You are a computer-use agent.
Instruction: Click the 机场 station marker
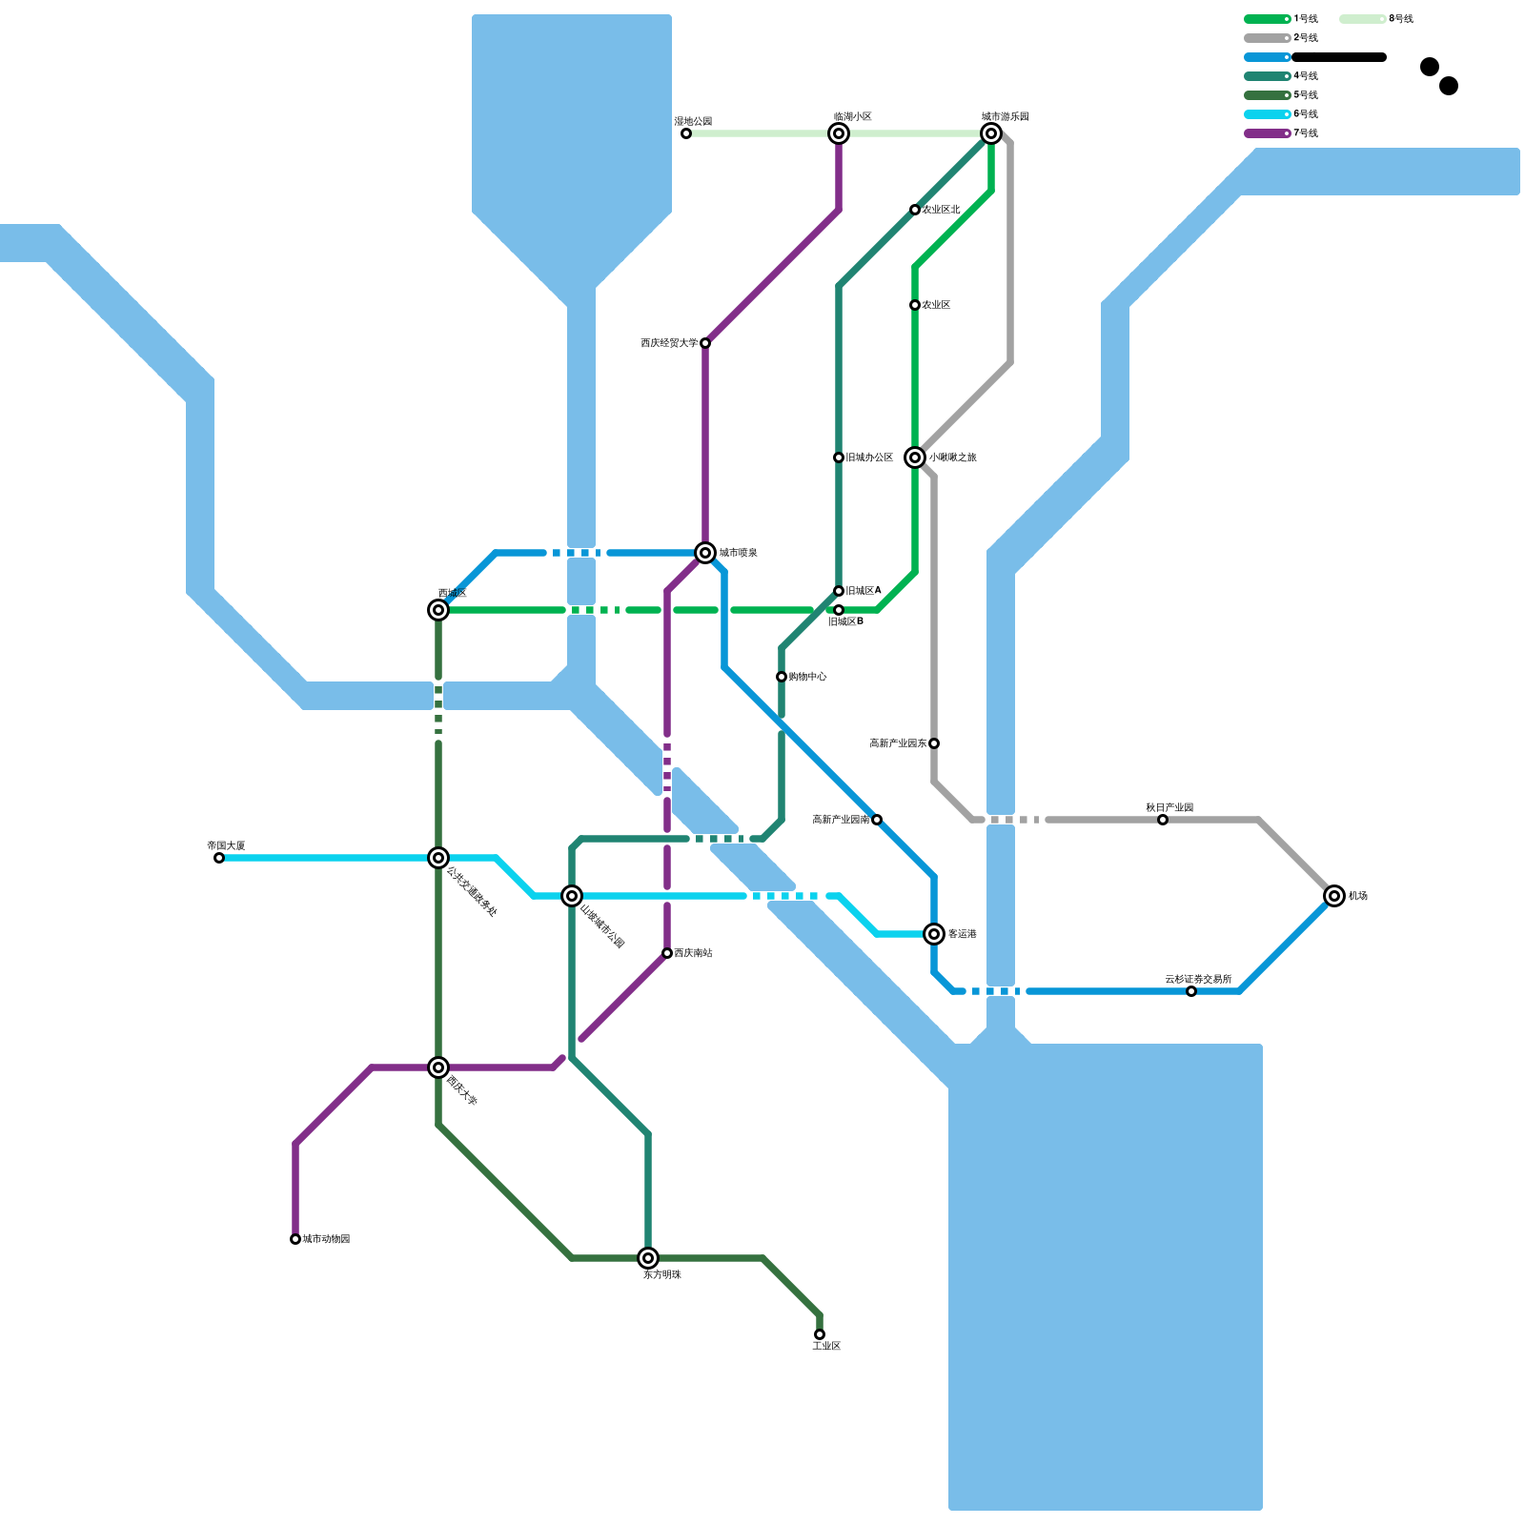pyautogui.click(x=1334, y=896)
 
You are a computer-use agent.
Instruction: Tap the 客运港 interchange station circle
pyautogui.click(x=934, y=934)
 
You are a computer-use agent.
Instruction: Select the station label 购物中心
pyautogui.click(x=807, y=677)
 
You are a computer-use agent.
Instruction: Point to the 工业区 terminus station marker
pyautogui.click(x=820, y=1334)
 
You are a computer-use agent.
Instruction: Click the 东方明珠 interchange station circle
pyautogui.click(x=648, y=1258)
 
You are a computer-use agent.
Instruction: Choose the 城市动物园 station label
pyautogui.click(x=326, y=1239)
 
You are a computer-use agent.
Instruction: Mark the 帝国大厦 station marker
pyautogui.click(x=219, y=858)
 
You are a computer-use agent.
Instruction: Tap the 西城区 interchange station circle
pyautogui.click(x=438, y=610)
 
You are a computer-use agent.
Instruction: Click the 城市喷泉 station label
pyautogui.click(x=738, y=553)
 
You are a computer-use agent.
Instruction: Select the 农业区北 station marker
pyautogui.click(x=915, y=210)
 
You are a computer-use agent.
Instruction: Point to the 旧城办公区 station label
pyautogui.click(x=869, y=457)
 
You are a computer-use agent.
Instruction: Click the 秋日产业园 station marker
pyautogui.click(x=1163, y=820)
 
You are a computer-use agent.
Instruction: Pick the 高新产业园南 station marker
pyautogui.click(x=877, y=820)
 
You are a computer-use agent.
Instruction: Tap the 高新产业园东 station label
pyautogui.click(x=898, y=743)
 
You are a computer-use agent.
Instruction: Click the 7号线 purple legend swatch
pyautogui.click(x=1267, y=133)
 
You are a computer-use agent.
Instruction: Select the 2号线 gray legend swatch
pyautogui.click(x=1267, y=38)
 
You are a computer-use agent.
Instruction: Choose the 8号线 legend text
pyautogui.click(x=1400, y=19)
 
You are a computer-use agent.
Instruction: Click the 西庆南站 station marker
pyautogui.click(x=667, y=953)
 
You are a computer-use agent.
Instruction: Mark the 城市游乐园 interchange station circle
pyautogui.click(x=991, y=133)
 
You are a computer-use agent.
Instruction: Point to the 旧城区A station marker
pyautogui.click(x=839, y=591)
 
